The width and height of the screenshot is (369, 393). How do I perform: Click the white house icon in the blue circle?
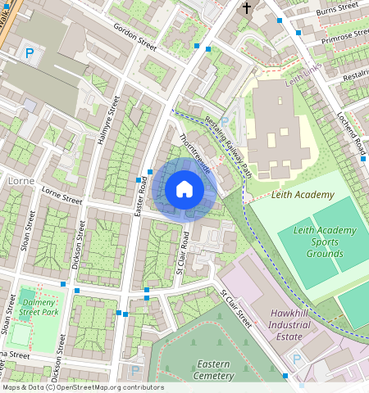[184, 190]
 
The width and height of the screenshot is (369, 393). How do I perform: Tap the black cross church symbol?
[246, 8]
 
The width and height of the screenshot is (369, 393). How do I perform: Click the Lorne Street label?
[62, 196]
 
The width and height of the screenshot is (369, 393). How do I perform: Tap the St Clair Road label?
[182, 252]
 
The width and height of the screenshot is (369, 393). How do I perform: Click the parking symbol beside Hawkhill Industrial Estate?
[297, 358]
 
